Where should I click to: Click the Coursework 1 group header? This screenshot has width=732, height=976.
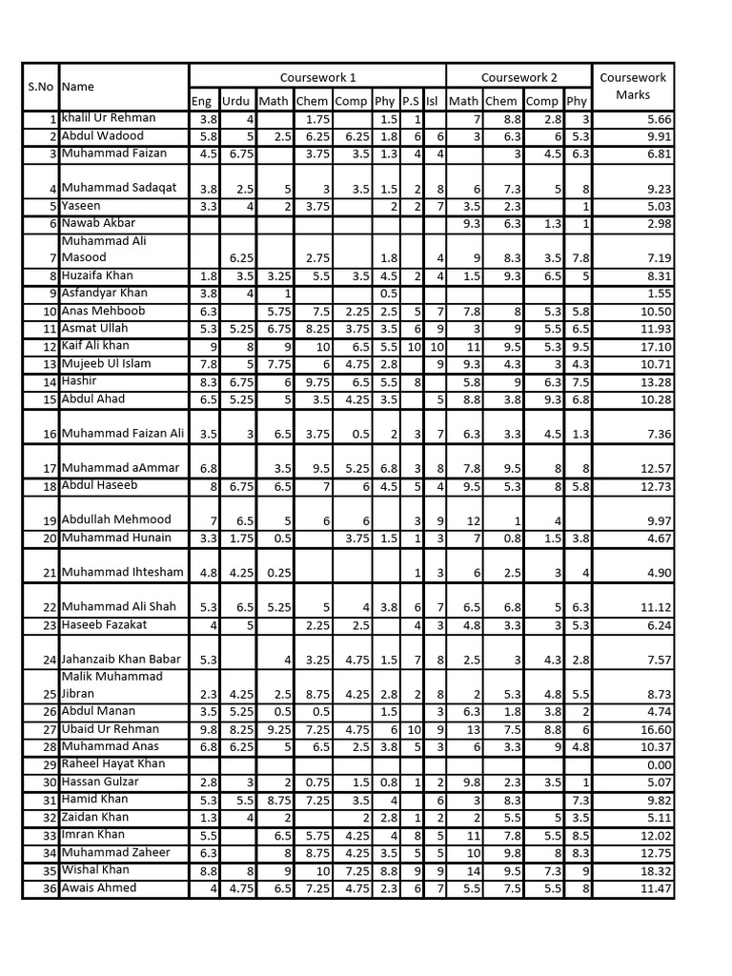[x=317, y=77]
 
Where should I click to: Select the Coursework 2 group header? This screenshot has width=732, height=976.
[x=518, y=77]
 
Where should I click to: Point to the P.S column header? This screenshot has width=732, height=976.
[x=411, y=101]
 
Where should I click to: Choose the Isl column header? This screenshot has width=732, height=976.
[x=433, y=101]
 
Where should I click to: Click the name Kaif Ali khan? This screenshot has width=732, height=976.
[x=95, y=346]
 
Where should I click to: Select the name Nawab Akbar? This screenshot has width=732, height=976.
[x=98, y=223]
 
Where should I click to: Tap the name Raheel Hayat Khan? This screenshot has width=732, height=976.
[x=112, y=764]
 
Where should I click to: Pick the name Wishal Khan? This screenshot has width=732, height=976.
[x=95, y=870]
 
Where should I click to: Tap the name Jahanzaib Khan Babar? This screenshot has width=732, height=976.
[x=120, y=660]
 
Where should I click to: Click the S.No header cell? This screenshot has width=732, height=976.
[x=40, y=87]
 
